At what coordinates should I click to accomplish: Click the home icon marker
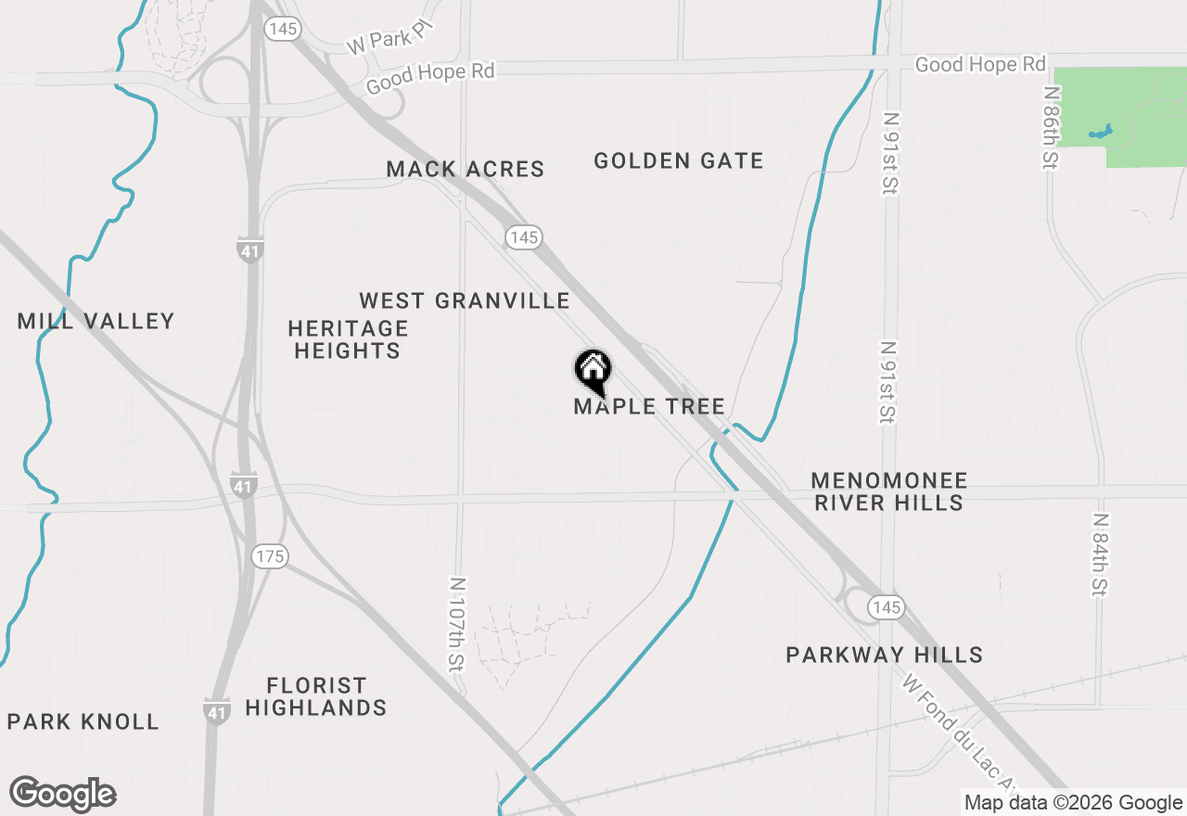[593, 370]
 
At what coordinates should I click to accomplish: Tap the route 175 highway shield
[269, 556]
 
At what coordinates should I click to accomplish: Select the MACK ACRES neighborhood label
[466, 169]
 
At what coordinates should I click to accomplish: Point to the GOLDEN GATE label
[679, 160]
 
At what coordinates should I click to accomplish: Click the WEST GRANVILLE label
[465, 300]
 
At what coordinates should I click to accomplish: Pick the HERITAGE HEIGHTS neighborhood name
[348, 339]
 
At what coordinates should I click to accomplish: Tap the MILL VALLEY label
[96, 322]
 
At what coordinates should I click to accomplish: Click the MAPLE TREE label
[649, 406]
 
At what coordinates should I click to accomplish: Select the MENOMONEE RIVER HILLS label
[888, 491]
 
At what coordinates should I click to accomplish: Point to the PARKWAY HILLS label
[884, 655]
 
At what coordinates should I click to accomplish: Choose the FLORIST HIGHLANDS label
[315, 696]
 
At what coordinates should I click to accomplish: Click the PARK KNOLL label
[83, 721]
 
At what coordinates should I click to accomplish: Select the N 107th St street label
[457, 634]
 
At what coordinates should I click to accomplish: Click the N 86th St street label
[1050, 128]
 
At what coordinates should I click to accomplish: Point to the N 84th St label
[1100, 555]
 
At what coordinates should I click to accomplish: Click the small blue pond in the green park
[1101, 133]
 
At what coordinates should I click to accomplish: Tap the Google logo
[63, 795]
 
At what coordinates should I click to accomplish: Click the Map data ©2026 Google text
[1073, 803]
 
